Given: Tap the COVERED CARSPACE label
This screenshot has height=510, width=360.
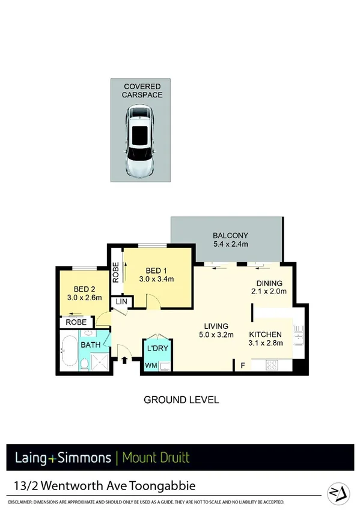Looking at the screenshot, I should coord(143,90).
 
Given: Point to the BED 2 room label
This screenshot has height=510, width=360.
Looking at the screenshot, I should coord(81,291).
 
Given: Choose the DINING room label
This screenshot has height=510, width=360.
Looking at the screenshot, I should coord(269,287).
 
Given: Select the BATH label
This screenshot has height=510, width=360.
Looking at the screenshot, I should coord(91,345).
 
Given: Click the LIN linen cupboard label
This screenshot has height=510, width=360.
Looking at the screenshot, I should coord(121,300).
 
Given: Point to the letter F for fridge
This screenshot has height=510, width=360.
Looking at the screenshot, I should coord(243,364).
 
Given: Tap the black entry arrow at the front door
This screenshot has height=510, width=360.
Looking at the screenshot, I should coord(125,361).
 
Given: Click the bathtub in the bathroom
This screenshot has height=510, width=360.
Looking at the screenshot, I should coord(68,354).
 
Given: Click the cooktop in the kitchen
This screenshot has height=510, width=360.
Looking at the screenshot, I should coord(271,364).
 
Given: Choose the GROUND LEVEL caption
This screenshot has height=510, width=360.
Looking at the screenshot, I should coord(181,399).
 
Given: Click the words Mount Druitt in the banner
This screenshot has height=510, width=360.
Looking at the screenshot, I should coord(156,458).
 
